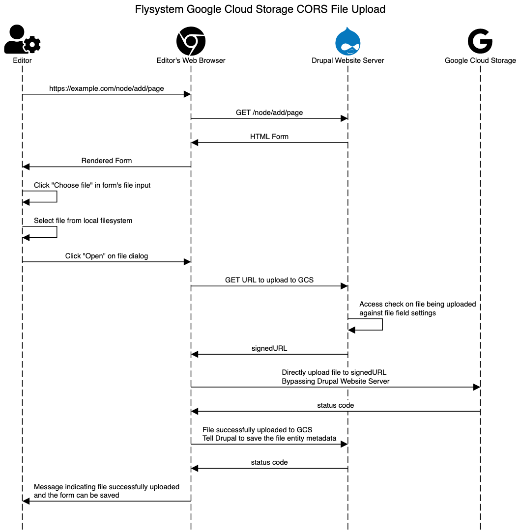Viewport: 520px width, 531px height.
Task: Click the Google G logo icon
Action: (x=480, y=41)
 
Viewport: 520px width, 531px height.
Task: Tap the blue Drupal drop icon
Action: (x=348, y=41)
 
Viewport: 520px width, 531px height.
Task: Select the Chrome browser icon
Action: (x=191, y=41)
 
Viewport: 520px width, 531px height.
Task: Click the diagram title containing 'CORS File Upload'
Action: (x=260, y=9)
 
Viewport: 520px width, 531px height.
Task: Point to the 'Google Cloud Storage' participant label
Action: (x=480, y=60)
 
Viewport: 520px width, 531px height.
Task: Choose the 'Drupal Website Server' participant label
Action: (x=348, y=60)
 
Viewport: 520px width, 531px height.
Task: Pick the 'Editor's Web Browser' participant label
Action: (x=191, y=60)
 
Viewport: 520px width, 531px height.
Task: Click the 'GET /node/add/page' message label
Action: (x=269, y=112)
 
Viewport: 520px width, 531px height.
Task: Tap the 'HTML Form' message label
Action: (x=269, y=137)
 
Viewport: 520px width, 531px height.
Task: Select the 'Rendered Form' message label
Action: (x=106, y=161)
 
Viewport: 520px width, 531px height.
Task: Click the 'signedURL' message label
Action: (x=269, y=348)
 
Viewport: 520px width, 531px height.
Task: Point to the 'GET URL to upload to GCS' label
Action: (x=269, y=280)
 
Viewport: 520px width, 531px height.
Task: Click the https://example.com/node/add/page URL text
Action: (x=106, y=89)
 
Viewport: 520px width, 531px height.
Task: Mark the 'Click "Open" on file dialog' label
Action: (x=106, y=256)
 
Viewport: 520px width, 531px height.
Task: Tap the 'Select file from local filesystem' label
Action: (x=83, y=221)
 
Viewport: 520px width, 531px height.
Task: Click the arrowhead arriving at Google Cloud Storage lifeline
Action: (x=477, y=387)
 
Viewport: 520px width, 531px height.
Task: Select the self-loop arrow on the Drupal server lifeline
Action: (x=382, y=324)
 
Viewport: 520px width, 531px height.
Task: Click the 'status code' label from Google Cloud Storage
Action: (x=335, y=405)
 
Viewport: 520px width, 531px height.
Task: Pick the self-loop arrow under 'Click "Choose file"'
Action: (x=57, y=197)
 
